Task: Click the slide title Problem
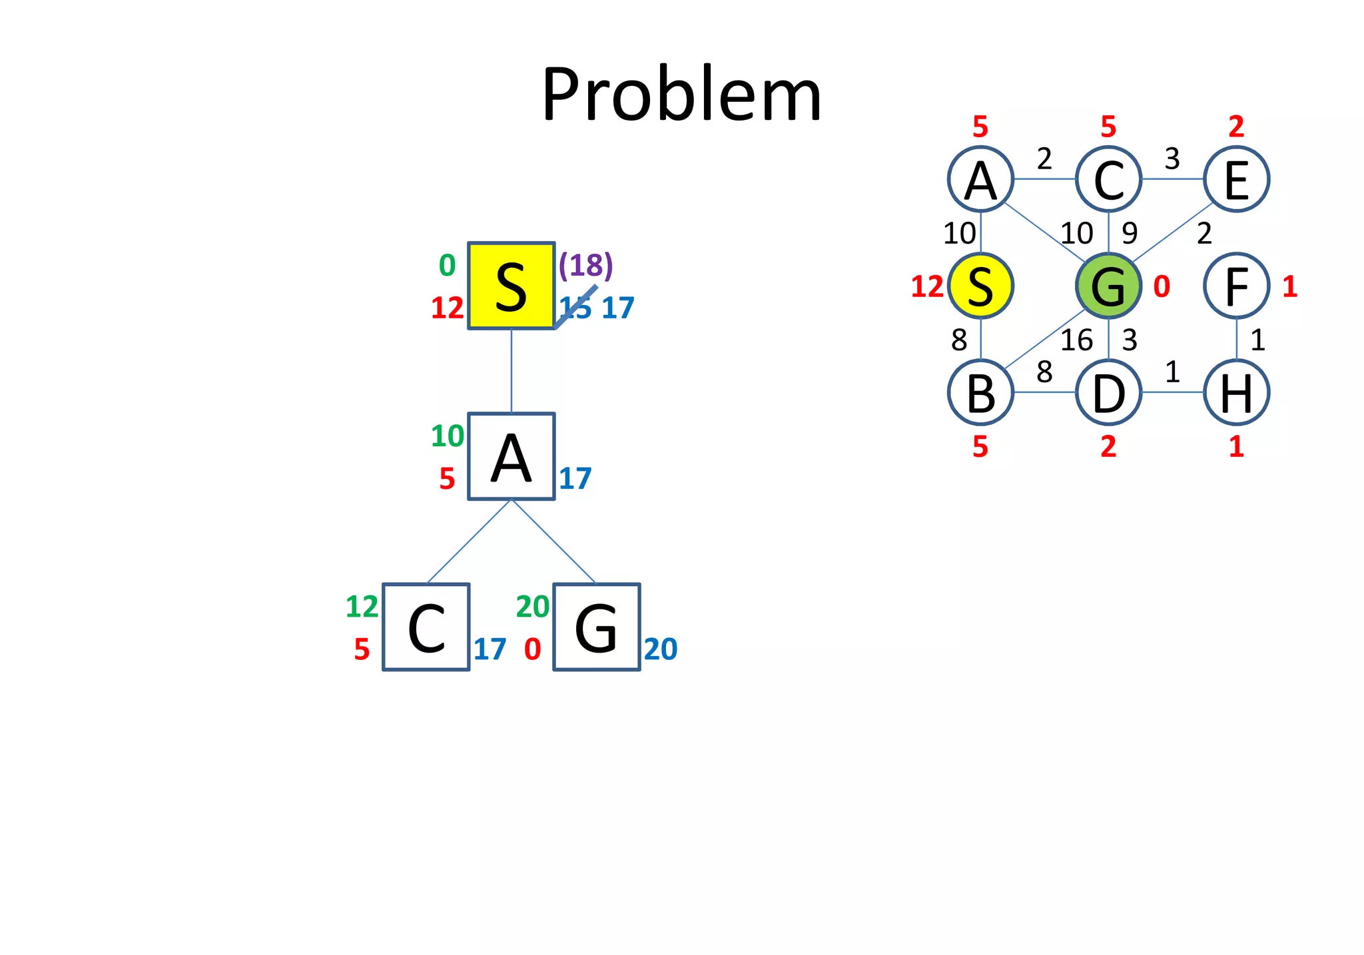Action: [681, 95]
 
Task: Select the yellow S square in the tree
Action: [511, 286]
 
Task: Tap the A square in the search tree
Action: [511, 456]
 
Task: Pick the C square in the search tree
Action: [426, 627]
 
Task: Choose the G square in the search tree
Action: [596, 627]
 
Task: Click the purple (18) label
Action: [585, 265]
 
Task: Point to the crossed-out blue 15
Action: [575, 307]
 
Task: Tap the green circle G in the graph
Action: [1108, 286]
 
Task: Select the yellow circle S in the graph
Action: [980, 286]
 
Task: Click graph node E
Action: [1236, 179]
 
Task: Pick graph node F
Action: [1236, 286]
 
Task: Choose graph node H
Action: [1236, 392]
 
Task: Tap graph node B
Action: [980, 392]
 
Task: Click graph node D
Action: [1108, 392]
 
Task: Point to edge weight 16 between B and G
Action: [1076, 340]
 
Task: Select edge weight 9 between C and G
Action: [1130, 233]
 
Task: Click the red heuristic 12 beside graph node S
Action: [927, 286]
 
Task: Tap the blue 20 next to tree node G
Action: [661, 649]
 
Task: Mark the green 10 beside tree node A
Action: [447, 436]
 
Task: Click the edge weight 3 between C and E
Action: [1172, 159]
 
